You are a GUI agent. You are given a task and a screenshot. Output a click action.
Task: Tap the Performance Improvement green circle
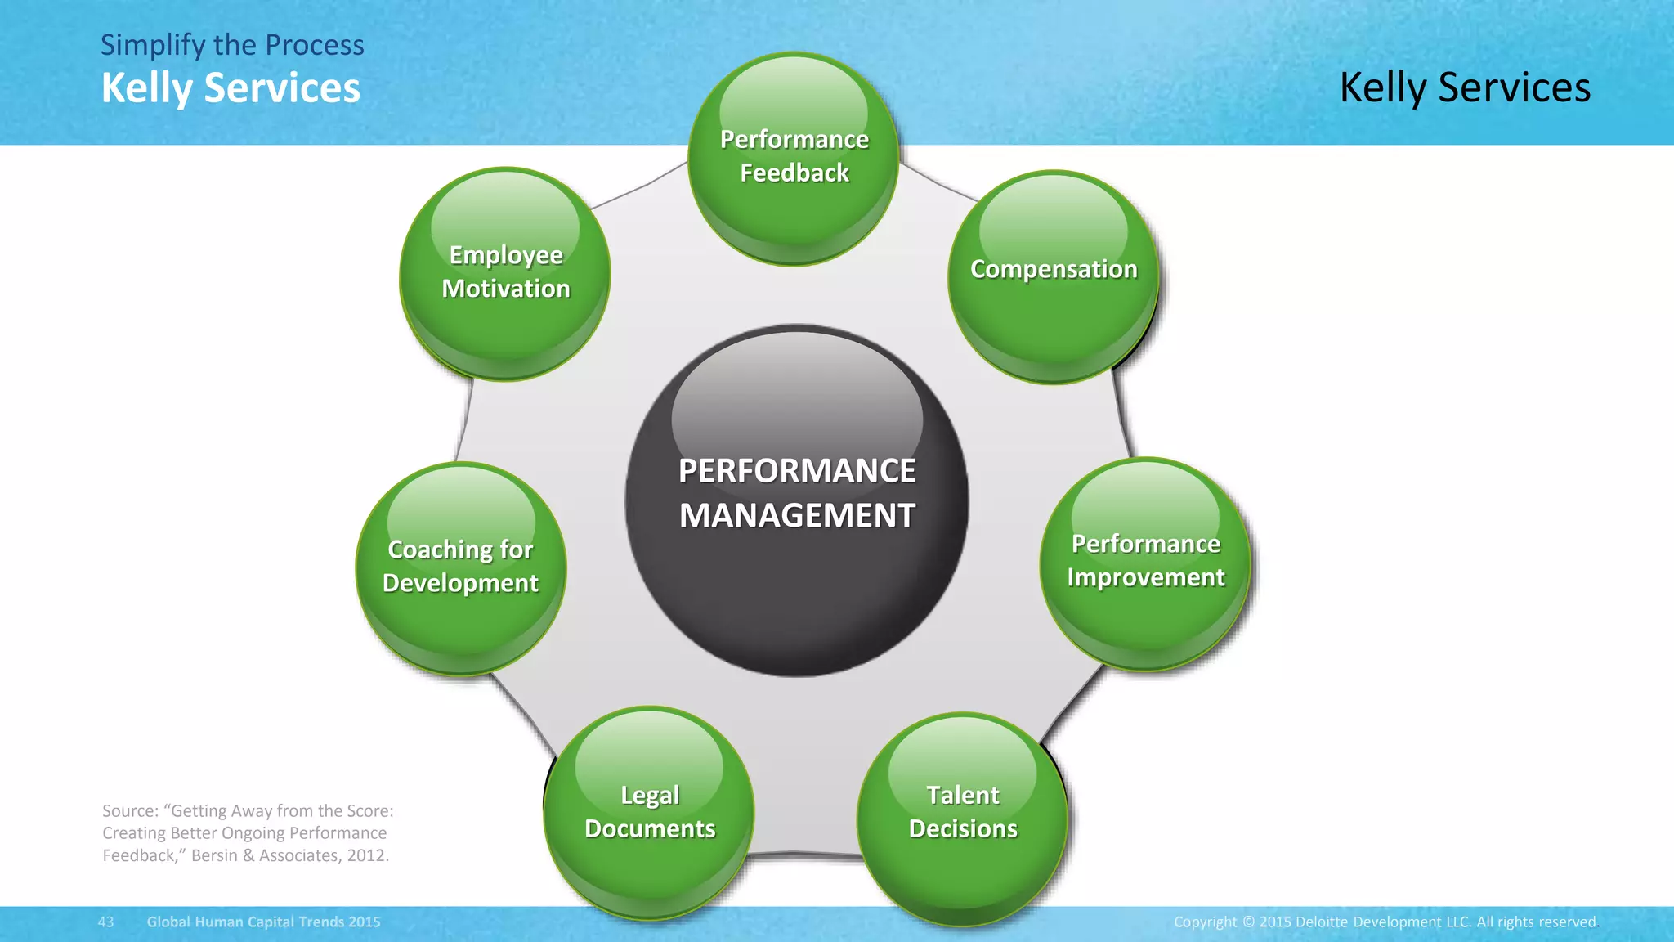point(1145,563)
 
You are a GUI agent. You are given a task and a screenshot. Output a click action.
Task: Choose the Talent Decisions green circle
point(963,818)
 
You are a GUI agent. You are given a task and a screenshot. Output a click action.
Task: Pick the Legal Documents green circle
point(650,813)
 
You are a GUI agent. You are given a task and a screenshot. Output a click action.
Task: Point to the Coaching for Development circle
point(461,567)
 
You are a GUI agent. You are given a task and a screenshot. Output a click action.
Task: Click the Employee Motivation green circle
point(505,273)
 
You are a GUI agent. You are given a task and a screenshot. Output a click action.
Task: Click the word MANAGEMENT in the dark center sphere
point(797,516)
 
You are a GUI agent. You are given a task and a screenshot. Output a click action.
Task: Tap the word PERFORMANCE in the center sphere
point(797,471)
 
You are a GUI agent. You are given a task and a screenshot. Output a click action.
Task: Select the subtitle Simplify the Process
point(232,45)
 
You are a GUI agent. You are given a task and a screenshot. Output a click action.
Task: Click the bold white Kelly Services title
point(231,88)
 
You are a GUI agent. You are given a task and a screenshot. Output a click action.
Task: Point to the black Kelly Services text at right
point(1465,87)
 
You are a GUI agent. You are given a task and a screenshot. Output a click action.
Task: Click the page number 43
point(106,922)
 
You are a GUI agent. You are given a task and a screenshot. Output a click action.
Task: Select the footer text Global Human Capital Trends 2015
point(263,922)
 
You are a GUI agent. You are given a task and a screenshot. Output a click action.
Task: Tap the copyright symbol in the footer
point(1248,922)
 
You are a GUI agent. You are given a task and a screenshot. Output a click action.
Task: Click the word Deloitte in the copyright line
point(1322,922)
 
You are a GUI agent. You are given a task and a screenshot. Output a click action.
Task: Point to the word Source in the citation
point(130,811)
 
